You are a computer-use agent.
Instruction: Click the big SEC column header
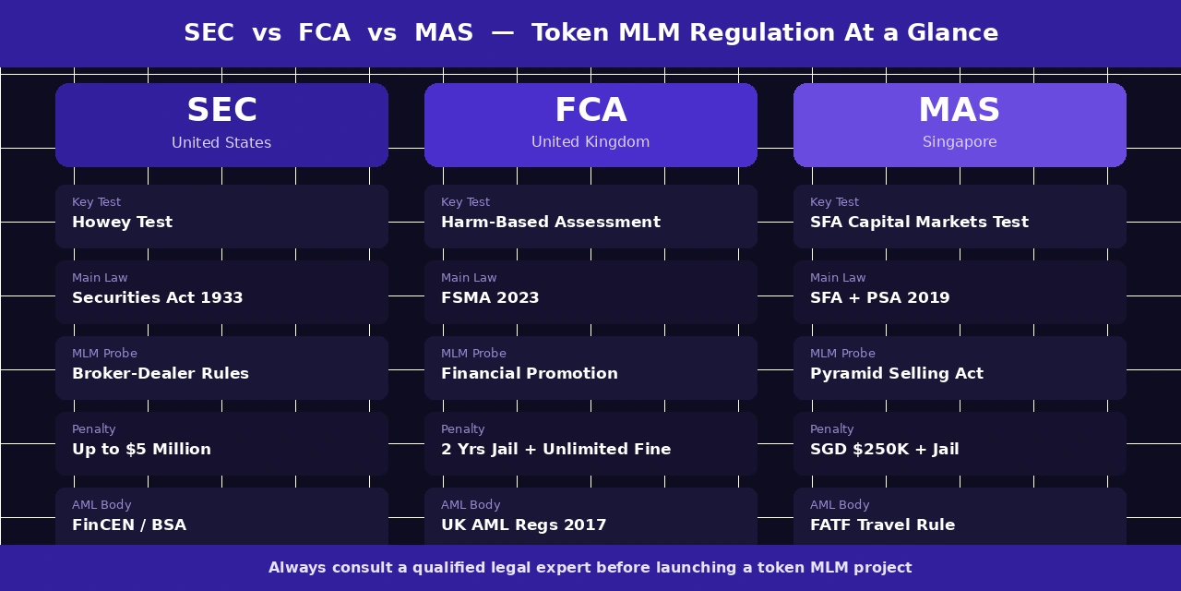click(x=221, y=111)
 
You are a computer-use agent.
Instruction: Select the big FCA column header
click(x=590, y=111)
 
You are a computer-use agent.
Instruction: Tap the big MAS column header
click(x=960, y=111)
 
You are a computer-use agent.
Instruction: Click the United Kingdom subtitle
click(x=590, y=142)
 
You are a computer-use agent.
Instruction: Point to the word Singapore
click(x=960, y=142)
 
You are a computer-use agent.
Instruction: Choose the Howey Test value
click(x=122, y=223)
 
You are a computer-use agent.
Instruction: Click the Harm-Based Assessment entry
click(x=551, y=223)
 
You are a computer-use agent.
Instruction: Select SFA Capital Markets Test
click(x=919, y=223)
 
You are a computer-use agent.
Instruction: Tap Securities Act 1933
click(x=158, y=298)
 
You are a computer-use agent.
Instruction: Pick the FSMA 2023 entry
click(x=490, y=298)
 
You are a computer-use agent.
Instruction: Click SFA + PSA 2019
click(x=879, y=298)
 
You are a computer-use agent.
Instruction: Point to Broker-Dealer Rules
click(x=161, y=374)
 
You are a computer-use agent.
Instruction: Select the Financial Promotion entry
click(x=530, y=374)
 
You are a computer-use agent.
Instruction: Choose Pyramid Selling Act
click(x=897, y=374)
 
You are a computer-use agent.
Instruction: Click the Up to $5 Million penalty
click(x=141, y=450)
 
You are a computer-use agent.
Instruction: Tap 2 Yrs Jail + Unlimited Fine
click(x=556, y=450)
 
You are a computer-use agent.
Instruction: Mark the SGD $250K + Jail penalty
click(x=885, y=450)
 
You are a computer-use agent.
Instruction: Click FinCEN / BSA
click(x=129, y=525)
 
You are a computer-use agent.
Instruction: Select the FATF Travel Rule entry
click(x=883, y=525)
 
